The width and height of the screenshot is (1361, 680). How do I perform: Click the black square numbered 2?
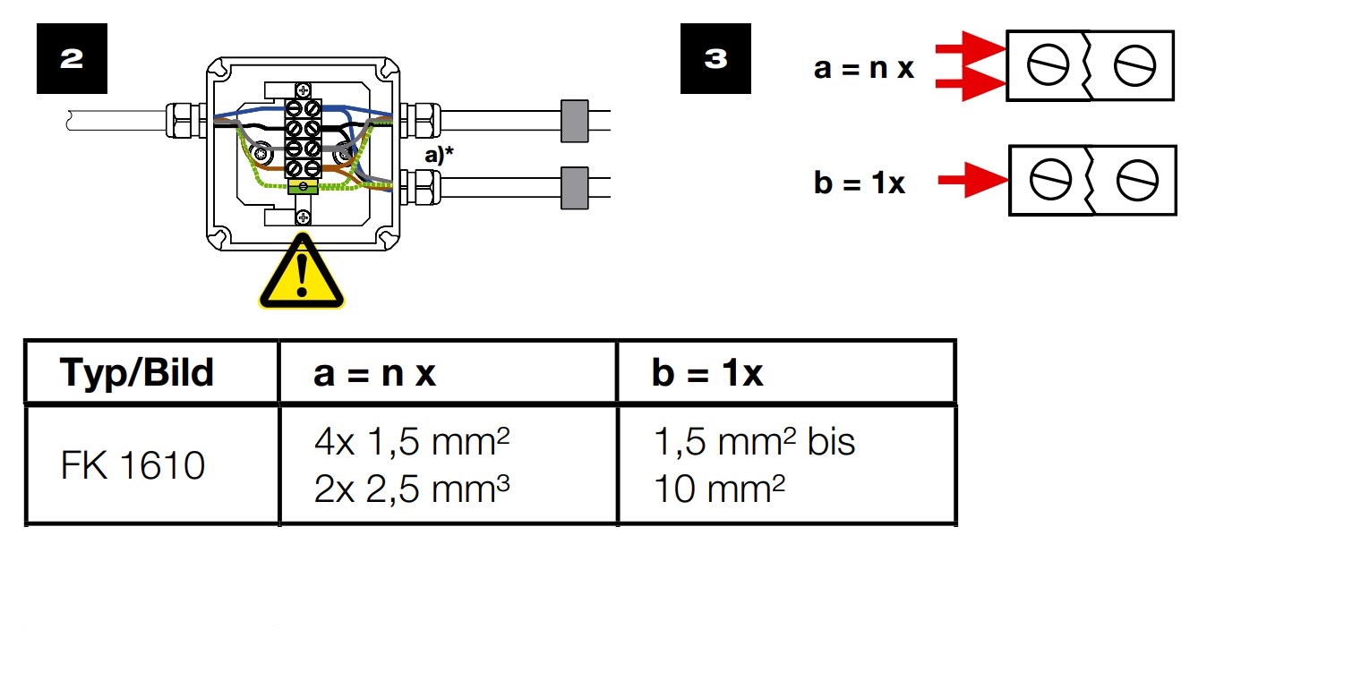coord(72,59)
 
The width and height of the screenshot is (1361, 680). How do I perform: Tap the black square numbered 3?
coord(715,59)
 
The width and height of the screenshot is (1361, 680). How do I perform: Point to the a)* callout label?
coord(439,156)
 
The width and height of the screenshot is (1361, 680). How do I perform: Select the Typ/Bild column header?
coord(137,372)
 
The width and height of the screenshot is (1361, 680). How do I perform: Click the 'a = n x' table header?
coord(374,373)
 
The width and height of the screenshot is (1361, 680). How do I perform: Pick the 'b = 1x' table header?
coord(707,372)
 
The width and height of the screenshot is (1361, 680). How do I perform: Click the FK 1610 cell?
coord(133,465)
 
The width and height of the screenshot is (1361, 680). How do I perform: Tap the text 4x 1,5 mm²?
coord(412,441)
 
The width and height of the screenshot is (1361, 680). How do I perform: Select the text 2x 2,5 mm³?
coord(412,489)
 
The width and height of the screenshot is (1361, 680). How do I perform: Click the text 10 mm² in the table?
coord(719,489)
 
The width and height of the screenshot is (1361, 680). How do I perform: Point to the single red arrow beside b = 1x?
coord(972,180)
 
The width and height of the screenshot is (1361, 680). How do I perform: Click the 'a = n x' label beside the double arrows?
coord(864,68)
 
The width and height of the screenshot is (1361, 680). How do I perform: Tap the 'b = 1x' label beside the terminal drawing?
coord(860,183)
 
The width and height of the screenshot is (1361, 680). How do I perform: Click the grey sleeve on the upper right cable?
coord(574,122)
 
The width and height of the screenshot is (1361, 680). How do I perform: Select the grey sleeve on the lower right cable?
coord(574,188)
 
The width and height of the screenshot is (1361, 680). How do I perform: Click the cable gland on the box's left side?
coord(186,121)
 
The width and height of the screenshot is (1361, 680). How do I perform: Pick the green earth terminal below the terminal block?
coord(304,186)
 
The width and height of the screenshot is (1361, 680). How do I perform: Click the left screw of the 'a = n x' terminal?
coord(1049,65)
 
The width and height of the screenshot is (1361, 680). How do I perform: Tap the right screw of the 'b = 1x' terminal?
coord(1137,181)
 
